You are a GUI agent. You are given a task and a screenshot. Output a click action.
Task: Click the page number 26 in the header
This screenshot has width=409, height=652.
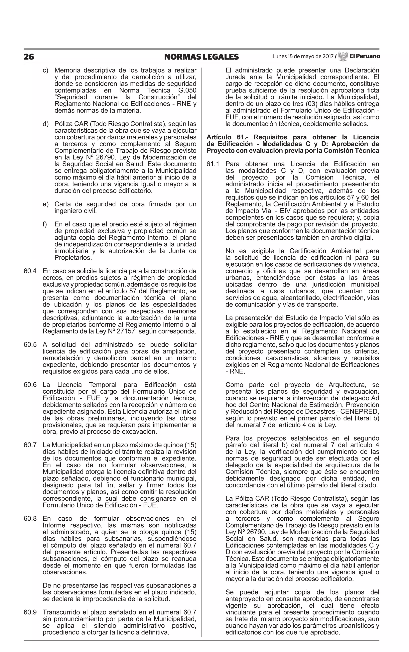click(29, 57)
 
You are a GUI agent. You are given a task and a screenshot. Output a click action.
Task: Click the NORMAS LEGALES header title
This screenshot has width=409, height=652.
click(202, 57)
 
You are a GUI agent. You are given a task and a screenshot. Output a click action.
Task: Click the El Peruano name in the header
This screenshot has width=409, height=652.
click(365, 56)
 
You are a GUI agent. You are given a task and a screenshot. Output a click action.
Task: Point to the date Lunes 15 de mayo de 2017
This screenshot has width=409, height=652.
click(303, 57)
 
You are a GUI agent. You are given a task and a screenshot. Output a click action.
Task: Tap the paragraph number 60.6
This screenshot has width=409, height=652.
click(30, 385)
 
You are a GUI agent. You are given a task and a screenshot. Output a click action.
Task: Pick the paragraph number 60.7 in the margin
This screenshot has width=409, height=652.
click(30, 445)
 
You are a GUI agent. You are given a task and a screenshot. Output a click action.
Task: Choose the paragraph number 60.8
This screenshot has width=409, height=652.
click(30, 519)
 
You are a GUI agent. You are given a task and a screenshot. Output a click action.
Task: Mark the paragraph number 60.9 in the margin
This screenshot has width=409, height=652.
click(30, 612)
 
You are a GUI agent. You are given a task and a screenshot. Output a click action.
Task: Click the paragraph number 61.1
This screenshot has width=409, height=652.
click(213, 164)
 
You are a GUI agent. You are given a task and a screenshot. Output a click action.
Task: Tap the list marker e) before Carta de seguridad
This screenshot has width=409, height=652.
click(46, 204)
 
